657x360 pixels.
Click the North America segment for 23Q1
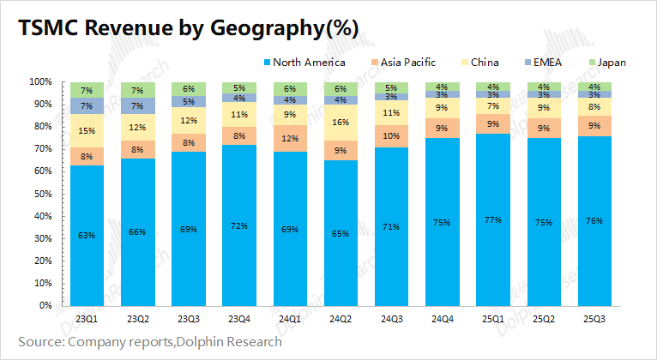[87, 235]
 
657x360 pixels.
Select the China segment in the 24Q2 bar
[341, 123]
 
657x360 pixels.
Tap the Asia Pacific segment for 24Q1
[290, 139]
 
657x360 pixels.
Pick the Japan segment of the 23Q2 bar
[138, 90]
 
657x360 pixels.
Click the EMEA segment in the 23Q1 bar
[87, 106]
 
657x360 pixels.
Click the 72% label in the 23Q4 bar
[239, 225]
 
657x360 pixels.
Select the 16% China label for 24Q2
[341, 123]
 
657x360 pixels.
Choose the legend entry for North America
[306, 62]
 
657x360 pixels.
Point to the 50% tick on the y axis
[40, 194]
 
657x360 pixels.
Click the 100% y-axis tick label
[38, 82]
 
